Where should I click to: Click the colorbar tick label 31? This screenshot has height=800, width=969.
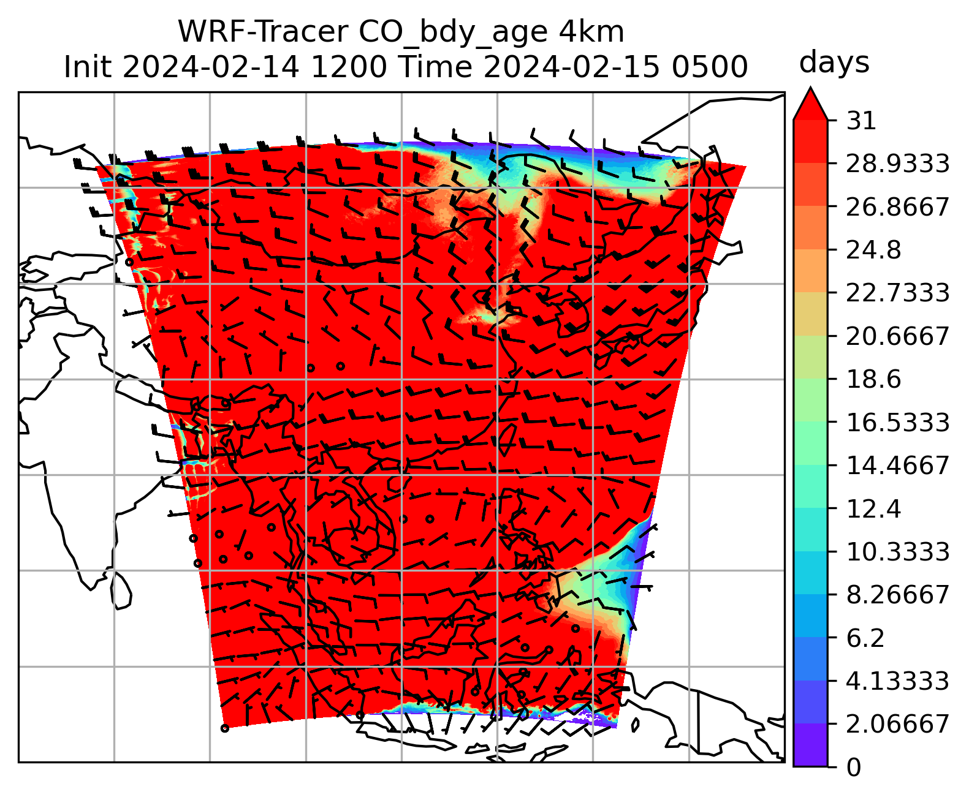click(x=861, y=121)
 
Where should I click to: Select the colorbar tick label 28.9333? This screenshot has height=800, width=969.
click(x=897, y=164)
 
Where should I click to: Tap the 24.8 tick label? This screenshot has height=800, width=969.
click(x=873, y=250)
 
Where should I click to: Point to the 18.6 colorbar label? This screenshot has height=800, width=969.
click(x=873, y=379)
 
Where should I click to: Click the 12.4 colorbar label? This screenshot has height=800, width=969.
click(x=873, y=508)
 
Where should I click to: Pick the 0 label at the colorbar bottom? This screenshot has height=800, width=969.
click(x=853, y=767)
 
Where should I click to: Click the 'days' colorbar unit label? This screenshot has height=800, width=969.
click(x=834, y=62)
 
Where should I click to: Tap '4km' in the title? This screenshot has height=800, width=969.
click(x=591, y=32)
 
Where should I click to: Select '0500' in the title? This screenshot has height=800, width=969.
click(x=710, y=66)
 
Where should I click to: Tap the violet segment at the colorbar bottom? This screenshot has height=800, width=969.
click(x=810, y=745)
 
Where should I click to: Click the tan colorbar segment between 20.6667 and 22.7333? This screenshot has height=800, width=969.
click(x=810, y=314)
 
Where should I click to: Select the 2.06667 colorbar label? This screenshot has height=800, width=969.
click(x=897, y=724)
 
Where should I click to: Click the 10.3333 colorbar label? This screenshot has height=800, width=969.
click(x=897, y=551)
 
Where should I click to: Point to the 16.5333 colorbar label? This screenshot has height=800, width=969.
click(x=897, y=422)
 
